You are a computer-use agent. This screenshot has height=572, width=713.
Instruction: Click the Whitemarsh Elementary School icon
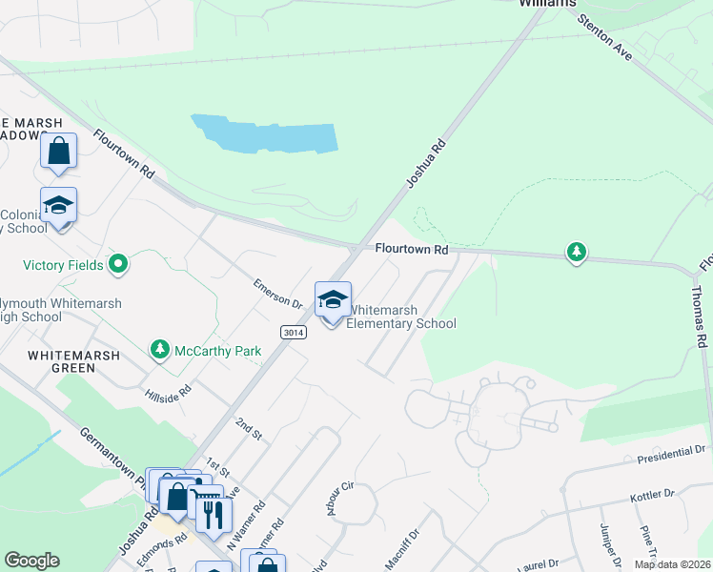tap(333, 300)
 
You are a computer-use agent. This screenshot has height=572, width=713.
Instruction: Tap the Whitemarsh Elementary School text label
tap(401, 317)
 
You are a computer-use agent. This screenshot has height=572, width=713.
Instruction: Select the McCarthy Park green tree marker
tap(161, 351)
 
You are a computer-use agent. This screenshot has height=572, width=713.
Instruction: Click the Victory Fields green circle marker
tap(119, 264)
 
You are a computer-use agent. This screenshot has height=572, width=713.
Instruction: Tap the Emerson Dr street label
tap(277, 293)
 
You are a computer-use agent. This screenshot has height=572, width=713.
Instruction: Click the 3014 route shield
tap(294, 332)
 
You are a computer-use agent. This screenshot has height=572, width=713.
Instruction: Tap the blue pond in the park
tap(266, 135)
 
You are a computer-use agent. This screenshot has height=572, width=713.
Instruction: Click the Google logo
tap(31, 561)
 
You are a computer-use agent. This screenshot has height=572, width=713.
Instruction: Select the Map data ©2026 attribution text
tap(672, 564)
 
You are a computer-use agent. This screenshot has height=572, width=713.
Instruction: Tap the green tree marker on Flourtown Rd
tap(576, 253)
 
